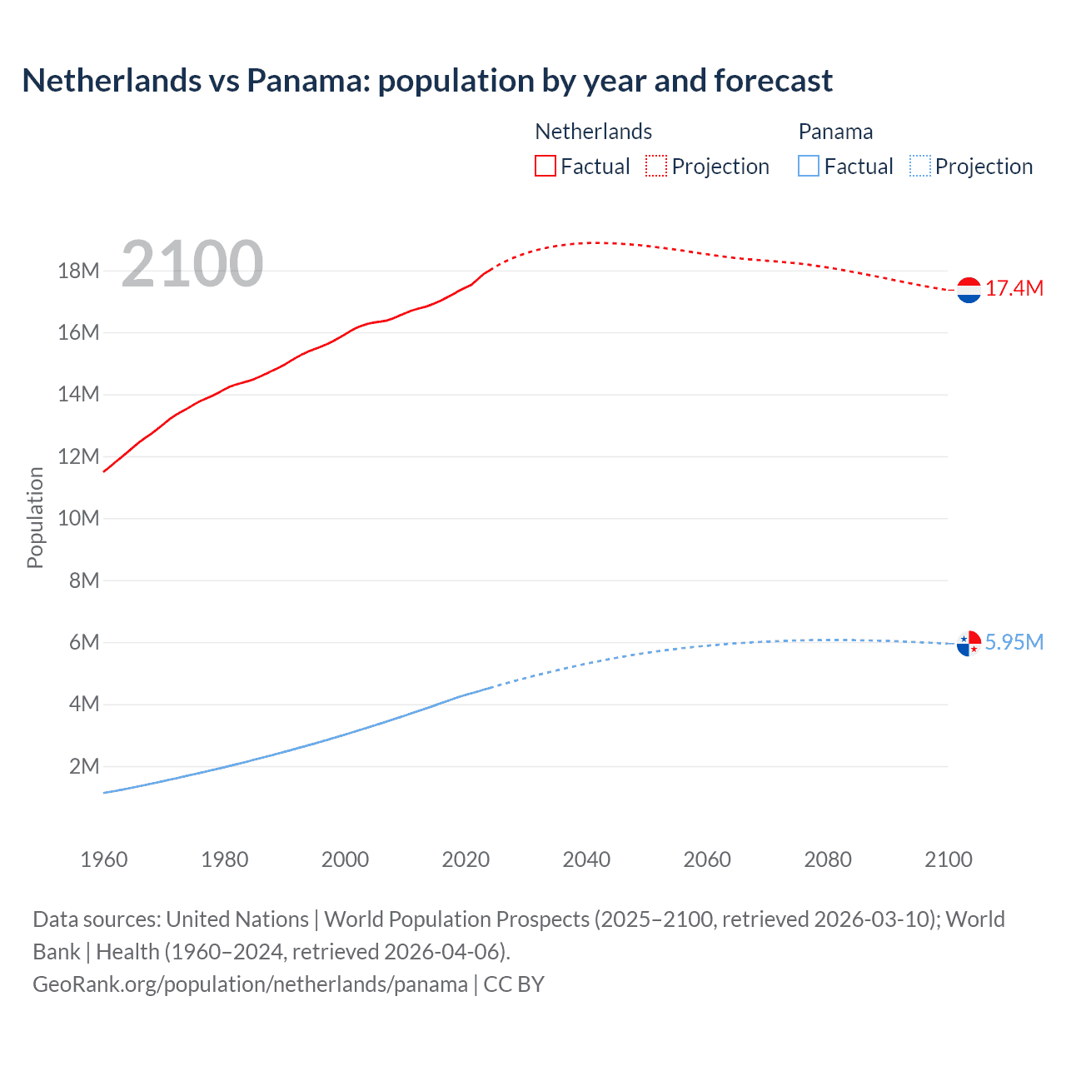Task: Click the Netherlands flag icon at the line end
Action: point(969,290)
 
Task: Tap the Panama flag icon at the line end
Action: point(969,643)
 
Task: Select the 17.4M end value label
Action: point(1014,289)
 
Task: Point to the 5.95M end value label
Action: point(1014,642)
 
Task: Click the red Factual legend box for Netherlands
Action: point(545,167)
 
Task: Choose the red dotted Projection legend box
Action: point(656,167)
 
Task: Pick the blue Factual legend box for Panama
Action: point(808,167)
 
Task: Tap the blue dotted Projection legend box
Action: point(919,167)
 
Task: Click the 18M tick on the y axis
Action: point(78,271)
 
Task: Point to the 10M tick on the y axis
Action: point(78,518)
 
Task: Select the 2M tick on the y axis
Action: point(83,766)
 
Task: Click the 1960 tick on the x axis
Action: point(104,859)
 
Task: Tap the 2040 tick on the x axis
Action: point(586,859)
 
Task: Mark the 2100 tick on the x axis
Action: point(948,859)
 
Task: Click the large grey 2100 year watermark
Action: point(192,264)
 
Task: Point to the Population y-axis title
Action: point(35,517)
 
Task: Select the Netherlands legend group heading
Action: point(593,132)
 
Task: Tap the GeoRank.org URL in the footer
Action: point(250,984)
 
